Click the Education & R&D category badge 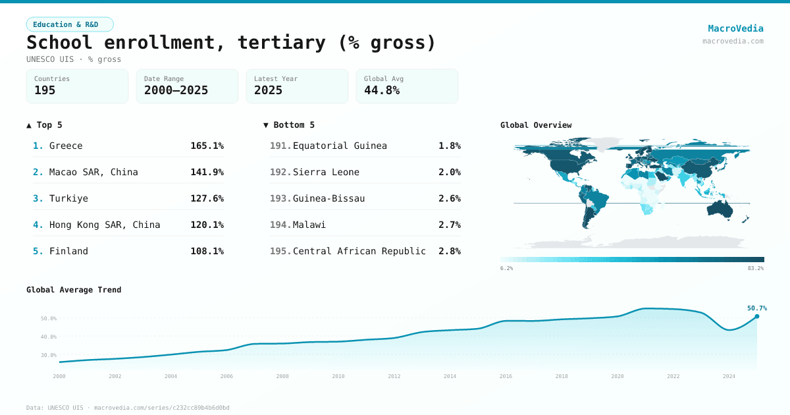click(70, 24)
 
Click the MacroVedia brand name click(735, 28)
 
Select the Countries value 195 click(45, 90)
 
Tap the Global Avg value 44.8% click(382, 90)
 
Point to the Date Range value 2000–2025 click(176, 90)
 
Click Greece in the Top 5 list click(66, 146)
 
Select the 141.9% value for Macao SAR click(207, 172)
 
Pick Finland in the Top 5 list click(68, 251)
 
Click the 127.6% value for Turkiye click(207, 198)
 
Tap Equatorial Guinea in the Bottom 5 click(340, 146)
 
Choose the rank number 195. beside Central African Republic click(280, 251)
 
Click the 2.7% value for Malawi click(449, 225)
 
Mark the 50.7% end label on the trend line click(756, 308)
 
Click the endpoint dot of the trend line click(756, 316)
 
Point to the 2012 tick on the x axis click(394, 376)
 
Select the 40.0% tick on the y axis click(49, 337)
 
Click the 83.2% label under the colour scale click(755, 268)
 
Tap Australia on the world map click(722, 209)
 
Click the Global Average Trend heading click(74, 290)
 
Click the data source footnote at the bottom click(128, 408)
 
